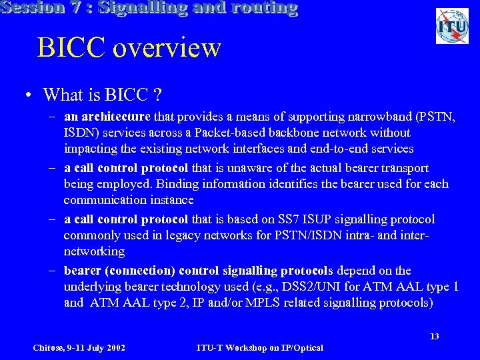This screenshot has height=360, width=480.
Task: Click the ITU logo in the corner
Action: click(x=452, y=27)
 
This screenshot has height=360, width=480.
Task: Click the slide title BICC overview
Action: click(x=129, y=47)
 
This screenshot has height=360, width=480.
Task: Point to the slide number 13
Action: click(x=434, y=336)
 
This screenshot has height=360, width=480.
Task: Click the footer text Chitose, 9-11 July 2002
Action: click(x=79, y=347)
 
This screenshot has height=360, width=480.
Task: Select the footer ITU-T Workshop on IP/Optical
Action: click(x=260, y=347)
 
